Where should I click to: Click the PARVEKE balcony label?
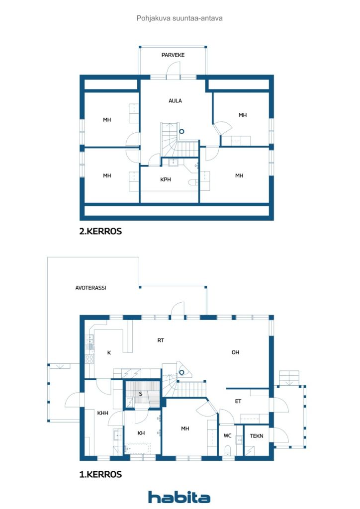[173, 55]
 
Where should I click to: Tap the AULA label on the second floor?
[175, 101]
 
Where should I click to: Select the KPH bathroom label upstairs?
[166, 179]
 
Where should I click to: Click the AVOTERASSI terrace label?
[90, 288]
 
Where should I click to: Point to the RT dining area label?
[161, 340]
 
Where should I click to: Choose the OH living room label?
[235, 352]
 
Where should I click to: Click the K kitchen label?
[109, 352]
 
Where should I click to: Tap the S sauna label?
[141, 394]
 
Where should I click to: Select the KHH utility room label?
[102, 413]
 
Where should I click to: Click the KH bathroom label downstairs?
[141, 433]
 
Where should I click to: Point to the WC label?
[228, 435]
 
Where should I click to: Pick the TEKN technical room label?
[257, 436]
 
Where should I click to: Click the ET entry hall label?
[238, 402]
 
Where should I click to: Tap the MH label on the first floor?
[185, 429]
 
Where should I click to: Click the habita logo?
[179, 497]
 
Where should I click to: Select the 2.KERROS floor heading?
[100, 232]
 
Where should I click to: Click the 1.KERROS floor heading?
[100, 475]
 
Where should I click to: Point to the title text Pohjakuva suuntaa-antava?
[180, 18]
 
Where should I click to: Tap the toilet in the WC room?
[228, 450]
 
